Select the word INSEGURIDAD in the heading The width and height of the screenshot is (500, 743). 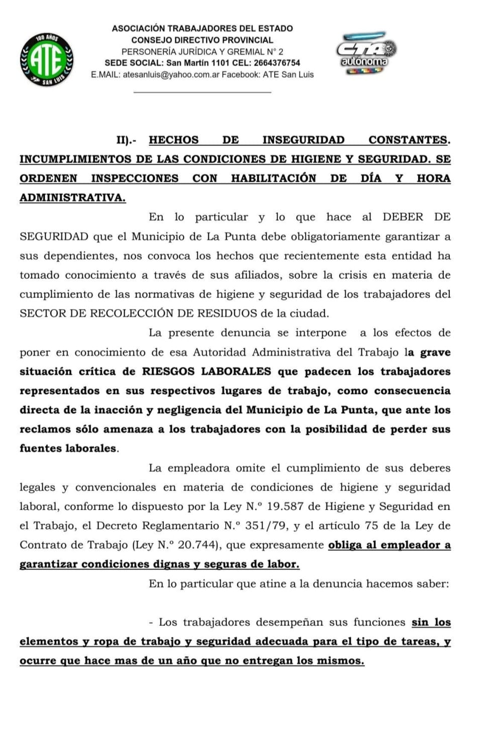(x=303, y=140)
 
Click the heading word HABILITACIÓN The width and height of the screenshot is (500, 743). (x=273, y=179)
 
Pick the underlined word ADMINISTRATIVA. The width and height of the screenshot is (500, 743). (x=72, y=198)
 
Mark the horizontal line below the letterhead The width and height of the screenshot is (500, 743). (x=202, y=92)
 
